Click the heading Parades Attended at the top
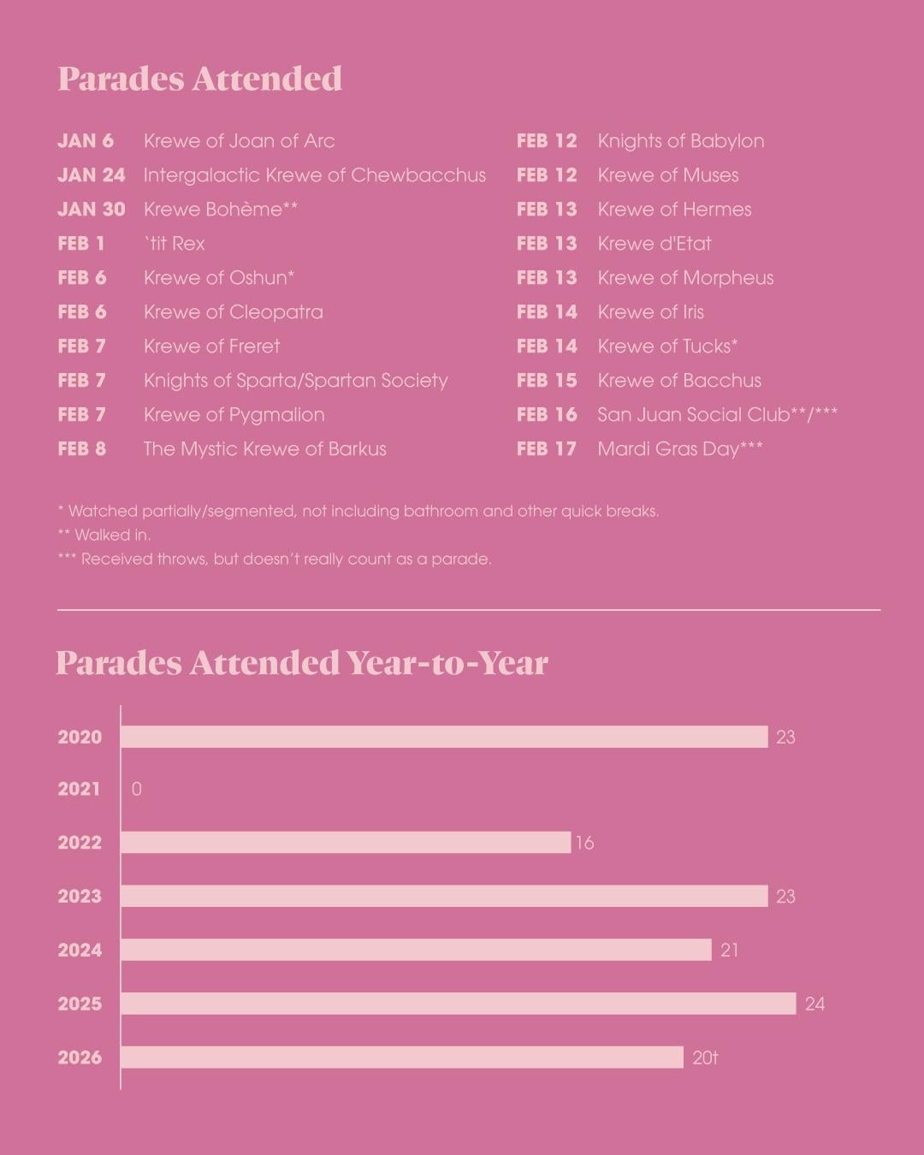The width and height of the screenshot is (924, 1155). (199, 79)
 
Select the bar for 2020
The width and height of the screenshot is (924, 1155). (444, 737)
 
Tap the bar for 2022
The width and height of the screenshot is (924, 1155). (345, 843)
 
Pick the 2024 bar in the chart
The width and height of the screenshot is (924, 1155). (416, 950)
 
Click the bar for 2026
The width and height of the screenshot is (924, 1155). (402, 1057)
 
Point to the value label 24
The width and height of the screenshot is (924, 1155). (814, 1004)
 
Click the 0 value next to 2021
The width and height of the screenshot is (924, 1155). (137, 789)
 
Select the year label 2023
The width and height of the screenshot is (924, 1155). (80, 897)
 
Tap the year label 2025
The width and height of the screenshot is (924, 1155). (80, 1004)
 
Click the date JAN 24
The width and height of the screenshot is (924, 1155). (91, 175)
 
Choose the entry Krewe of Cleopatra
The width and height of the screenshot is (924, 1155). (233, 312)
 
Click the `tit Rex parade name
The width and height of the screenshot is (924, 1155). (175, 244)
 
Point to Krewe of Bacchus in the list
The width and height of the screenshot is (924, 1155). (679, 381)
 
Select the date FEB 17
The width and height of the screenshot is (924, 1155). (547, 449)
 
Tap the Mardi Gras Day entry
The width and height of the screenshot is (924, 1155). (679, 449)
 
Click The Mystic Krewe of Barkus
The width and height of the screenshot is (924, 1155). (264, 449)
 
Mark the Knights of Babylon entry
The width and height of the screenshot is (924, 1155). (680, 141)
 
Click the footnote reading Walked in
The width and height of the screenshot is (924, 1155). (104, 536)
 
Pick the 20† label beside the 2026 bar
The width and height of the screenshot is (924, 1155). (705, 1057)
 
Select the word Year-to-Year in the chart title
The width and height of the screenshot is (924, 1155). (447, 663)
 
